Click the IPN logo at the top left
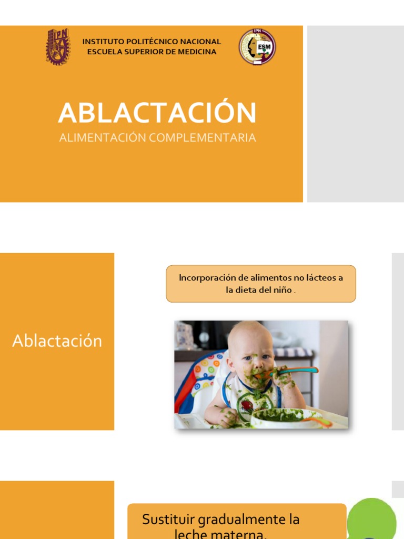[57, 47]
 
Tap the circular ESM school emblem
[257, 47]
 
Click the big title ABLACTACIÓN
[157, 113]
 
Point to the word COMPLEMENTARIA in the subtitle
[203, 138]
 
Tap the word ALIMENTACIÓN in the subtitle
[103, 138]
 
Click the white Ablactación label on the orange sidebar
[57, 341]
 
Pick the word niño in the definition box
[281, 290]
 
